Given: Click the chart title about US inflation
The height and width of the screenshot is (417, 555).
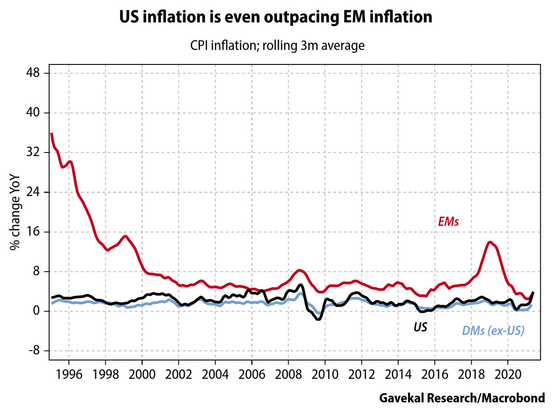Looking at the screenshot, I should [x=276, y=18].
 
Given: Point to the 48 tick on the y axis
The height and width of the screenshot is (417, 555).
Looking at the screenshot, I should [x=35, y=73].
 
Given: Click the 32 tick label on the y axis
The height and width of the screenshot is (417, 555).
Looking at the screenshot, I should [x=35, y=152].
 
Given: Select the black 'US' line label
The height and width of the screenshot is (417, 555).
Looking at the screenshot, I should [x=420, y=328].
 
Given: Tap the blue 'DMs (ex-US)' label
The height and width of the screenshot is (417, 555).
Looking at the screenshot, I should [x=493, y=331].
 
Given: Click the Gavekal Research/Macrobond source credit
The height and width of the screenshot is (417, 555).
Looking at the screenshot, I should [x=462, y=398].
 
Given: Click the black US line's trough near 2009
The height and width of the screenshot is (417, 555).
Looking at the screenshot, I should [x=318, y=320].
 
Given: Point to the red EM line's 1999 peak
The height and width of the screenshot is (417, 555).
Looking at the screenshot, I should [x=125, y=236].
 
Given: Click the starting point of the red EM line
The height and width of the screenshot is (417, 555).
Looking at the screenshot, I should [x=51, y=133].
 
